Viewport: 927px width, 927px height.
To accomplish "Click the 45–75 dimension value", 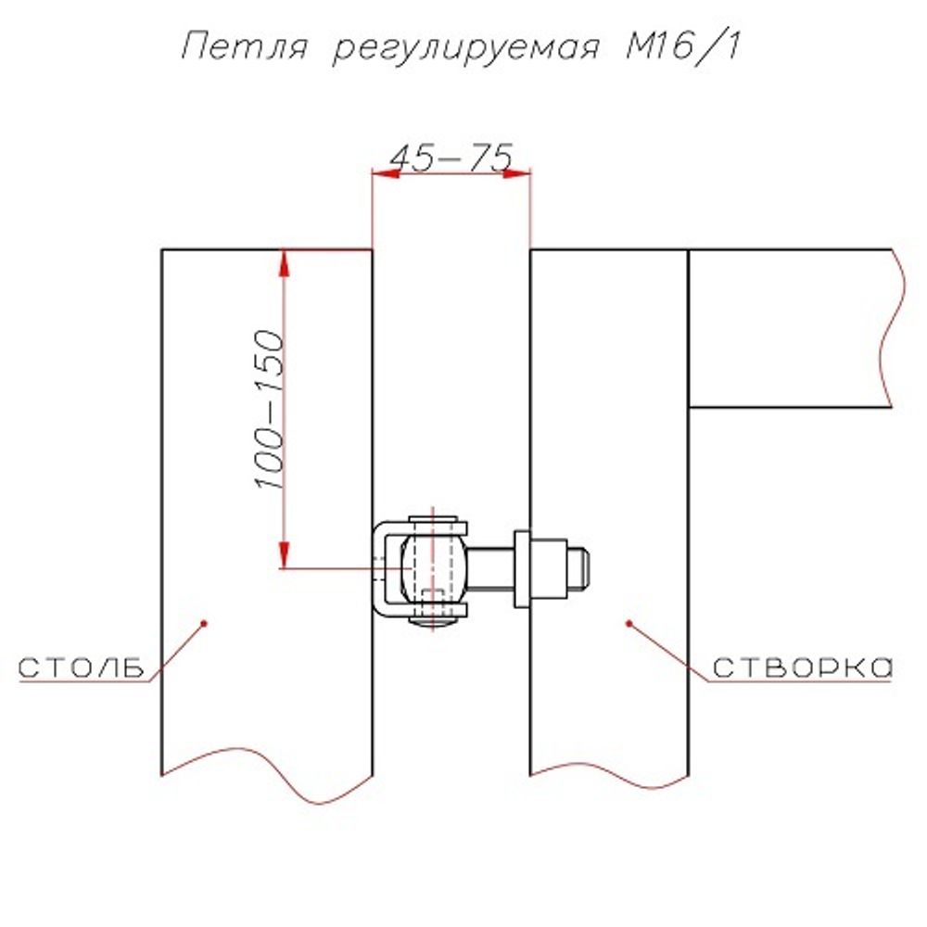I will [451, 159].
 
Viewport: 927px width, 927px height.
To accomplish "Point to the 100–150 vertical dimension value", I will [268, 409].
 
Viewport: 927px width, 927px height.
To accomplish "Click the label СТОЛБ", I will [82, 668].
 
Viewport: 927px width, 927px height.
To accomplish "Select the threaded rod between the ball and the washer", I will [491, 567].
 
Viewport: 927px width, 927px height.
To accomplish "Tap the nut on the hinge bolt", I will [550, 567].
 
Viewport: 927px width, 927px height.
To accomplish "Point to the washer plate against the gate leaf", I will [522, 568].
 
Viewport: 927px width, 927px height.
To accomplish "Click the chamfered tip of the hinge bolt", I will [581, 568].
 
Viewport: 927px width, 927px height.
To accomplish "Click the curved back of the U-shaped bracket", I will [379, 567].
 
